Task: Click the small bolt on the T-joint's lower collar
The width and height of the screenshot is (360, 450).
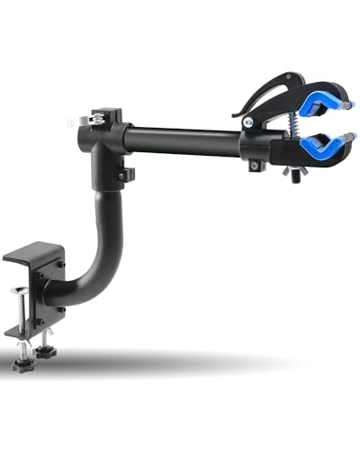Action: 129,172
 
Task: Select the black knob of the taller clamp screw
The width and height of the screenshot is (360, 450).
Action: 20,363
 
